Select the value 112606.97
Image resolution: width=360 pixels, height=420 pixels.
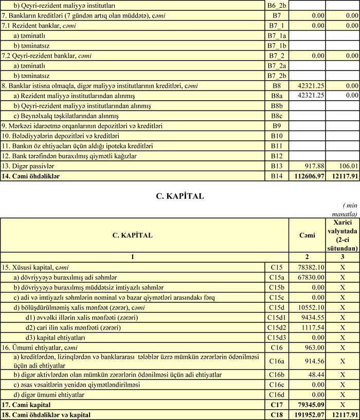coord(308,176)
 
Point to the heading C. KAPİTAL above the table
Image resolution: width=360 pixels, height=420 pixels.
coord(179,195)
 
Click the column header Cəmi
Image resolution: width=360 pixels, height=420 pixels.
coord(307,235)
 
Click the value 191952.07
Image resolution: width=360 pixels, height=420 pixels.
coord(308,415)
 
